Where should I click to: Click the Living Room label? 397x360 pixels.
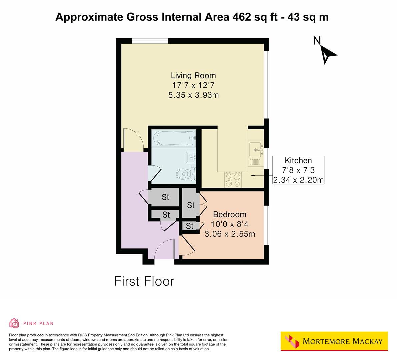pos(193,75)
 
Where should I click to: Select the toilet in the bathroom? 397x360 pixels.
pos(185,173)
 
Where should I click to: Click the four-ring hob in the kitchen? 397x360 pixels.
pos(233,180)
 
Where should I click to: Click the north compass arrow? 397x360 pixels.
pos(327,54)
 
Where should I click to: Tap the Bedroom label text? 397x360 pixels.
pos(230,214)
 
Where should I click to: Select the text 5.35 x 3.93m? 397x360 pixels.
pos(193,95)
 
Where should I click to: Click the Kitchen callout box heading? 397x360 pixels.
pos(298,160)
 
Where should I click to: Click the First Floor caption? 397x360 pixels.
pos(144,281)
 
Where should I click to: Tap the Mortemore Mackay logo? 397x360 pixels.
pos(334,341)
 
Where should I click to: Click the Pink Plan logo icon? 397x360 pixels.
pos(14,323)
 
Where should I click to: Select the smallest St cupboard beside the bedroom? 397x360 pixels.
pos(189,226)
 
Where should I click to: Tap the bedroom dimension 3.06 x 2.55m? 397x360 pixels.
pos(230,234)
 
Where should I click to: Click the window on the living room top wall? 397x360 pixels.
pos(150,41)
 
